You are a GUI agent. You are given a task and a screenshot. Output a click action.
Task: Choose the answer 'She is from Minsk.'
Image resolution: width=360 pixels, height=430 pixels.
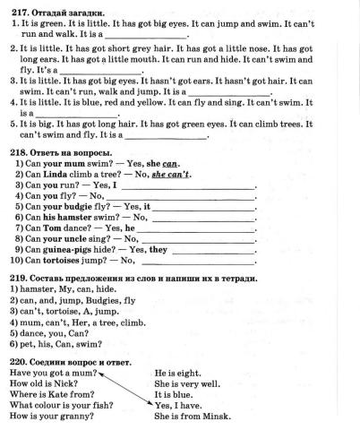tap(192, 416)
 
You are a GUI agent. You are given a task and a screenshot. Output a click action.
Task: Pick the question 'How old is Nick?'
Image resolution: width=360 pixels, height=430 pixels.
tap(42, 383)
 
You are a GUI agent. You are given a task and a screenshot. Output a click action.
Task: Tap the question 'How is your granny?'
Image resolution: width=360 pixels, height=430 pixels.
tap(49, 416)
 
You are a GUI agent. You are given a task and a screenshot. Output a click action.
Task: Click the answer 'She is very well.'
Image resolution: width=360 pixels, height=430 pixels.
tap(186, 383)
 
